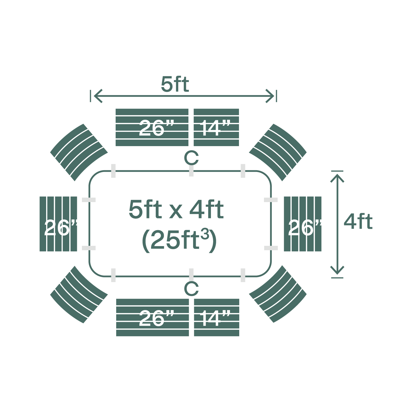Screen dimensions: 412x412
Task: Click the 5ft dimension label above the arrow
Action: pos(175,85)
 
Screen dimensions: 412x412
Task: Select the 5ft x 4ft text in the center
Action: pos(176,210)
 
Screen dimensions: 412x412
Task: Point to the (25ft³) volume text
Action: pos(179,240)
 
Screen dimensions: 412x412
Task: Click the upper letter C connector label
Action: pos(191,158)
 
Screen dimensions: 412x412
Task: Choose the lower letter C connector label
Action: pos(191,288)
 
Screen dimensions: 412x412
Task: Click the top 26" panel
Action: pos(152,127)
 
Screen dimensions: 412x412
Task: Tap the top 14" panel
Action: pos(216,127)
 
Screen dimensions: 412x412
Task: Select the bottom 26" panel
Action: pos(152,318)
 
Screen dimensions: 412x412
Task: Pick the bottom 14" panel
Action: pos(216,318)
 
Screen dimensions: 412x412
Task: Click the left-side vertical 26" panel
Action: pos(58,224)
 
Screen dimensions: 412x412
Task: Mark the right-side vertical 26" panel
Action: pos(302,224)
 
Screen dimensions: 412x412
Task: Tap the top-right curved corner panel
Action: pos(278,152)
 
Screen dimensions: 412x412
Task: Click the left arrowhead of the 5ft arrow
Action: pos(97,96)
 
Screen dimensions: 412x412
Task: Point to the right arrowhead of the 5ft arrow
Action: pos(271,96)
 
